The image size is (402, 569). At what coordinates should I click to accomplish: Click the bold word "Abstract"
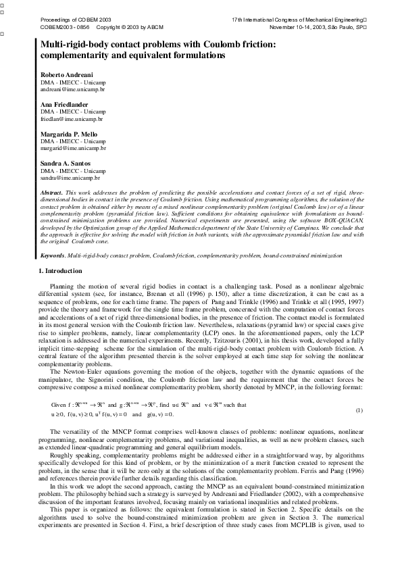pos(51,193)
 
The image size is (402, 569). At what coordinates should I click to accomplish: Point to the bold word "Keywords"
pos(53,256)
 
